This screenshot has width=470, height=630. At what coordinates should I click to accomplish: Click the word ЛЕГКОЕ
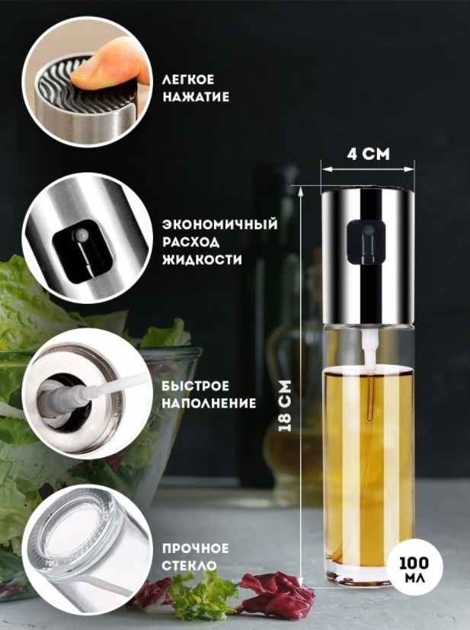click(188, 79)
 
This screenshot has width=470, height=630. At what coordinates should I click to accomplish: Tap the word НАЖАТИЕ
click(196, 97)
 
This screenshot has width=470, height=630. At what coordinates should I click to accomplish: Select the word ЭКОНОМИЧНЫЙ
click(219, 224)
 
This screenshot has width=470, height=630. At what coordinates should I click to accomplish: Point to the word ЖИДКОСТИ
click(202, 260)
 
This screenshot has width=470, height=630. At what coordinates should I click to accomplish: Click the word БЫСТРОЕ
click(196, 385)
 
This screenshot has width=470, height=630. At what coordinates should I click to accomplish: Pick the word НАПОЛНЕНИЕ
click(209, 403)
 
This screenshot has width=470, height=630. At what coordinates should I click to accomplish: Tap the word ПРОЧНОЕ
click(195, 548)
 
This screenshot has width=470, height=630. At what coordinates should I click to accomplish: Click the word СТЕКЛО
click(189, 565)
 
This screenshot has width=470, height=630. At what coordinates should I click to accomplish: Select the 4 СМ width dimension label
click(369, 154)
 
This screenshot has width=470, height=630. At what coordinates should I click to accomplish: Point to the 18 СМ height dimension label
click(284, 406)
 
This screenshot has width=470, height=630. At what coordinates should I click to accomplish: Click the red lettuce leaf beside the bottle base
click(277, 590)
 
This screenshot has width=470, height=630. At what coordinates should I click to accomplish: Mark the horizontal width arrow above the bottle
click(368, 170)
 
